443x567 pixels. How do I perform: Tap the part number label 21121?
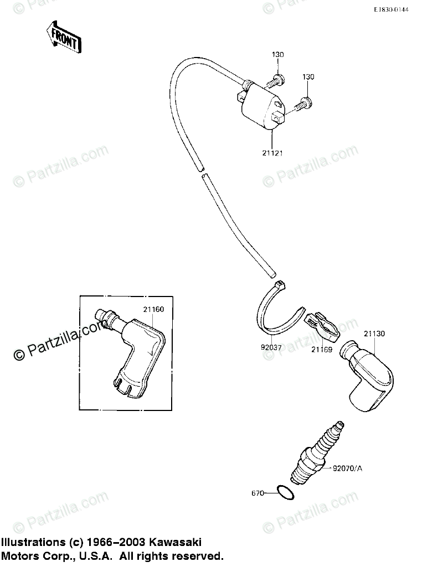click(272, 153)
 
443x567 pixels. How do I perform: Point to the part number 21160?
click(153, 309)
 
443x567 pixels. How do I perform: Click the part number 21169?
click(321, 350)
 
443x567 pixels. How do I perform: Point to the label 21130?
click(374, 334)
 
